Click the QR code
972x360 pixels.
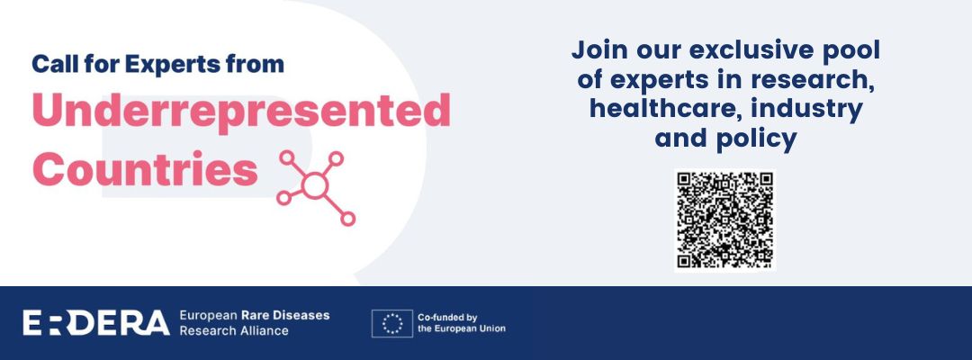tap(724, 220)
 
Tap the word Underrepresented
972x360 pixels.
tap(241, 112)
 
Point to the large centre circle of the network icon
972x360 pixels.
tap(315, 185)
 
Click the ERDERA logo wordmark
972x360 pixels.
tap(96, 323)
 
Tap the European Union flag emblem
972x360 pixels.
tap(391, 323)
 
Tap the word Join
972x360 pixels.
tap(599, 50)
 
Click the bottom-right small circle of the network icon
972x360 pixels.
tap(348, 219)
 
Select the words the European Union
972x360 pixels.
tap(462, 329)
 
